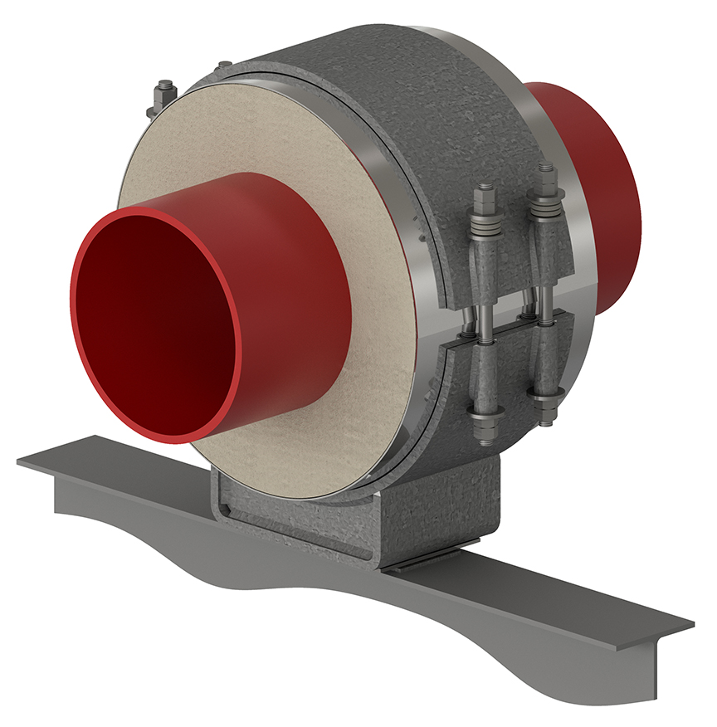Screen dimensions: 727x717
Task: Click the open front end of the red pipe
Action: coord(158,324)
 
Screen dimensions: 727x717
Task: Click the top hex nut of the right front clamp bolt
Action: coord(545,172)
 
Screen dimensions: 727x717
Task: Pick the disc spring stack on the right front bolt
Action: coord(546,204)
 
